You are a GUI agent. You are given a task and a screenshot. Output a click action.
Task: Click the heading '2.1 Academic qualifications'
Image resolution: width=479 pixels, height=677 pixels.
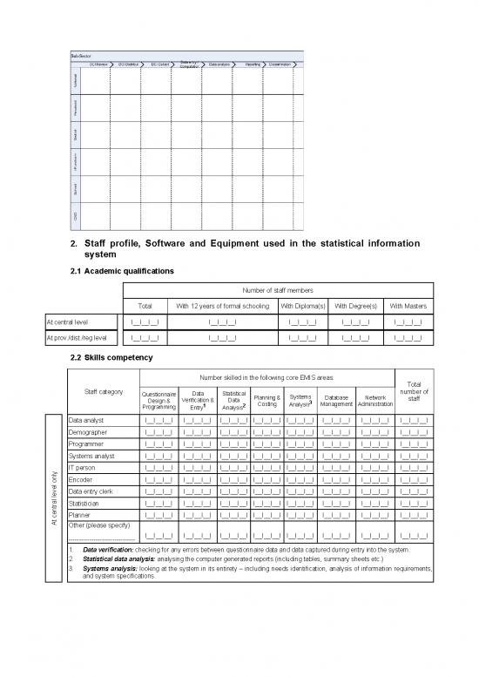[122, 271]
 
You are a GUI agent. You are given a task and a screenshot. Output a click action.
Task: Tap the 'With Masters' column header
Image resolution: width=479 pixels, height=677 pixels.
[408, 305]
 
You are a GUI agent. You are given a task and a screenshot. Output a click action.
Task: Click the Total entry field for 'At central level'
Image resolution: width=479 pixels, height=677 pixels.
[145, 322]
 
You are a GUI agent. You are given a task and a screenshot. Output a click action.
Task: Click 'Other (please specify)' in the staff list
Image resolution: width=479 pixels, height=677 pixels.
[98, 525]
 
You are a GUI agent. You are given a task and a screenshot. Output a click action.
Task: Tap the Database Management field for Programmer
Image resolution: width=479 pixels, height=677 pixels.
[336, 443]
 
